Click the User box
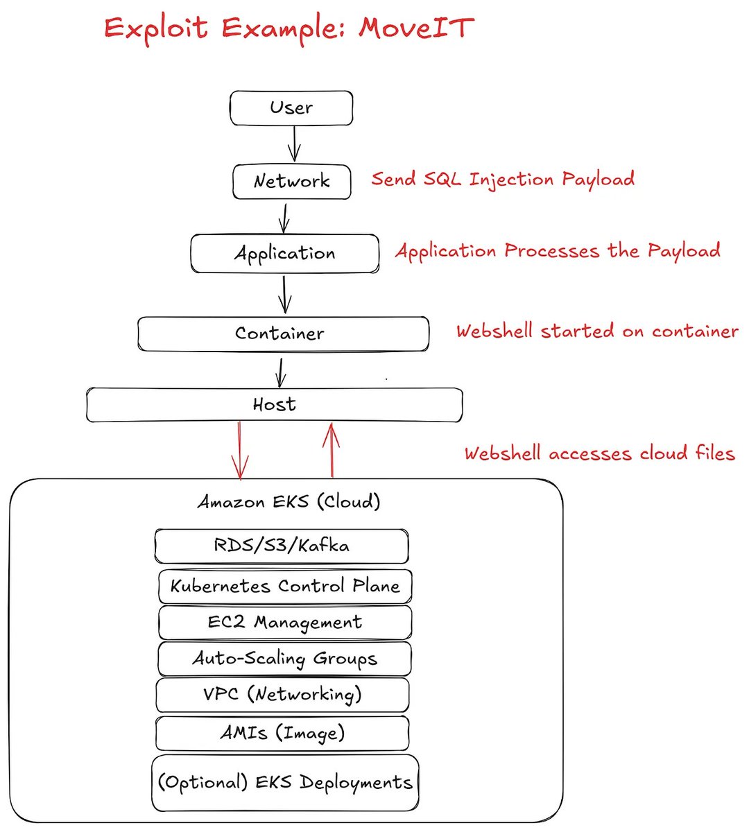tap(291, 108)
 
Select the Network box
tap(292, 182)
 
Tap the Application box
tap(284, 254)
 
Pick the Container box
tap(284, 334)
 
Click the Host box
tap(275, 405)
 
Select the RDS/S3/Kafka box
tap(282, 546)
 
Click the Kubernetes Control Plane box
tap(285, 586)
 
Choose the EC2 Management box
tap(285, 623)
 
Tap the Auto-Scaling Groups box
tap(284, 659)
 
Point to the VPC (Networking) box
tap(282, 695)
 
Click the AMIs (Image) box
tap(282, 734)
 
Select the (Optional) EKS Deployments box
tap(285, 783)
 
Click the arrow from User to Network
tap(294, 144)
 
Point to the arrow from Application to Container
tap(284, 295)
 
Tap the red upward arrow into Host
tap(332, 450)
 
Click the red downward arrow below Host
tap(239, 451)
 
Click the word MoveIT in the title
tap(416, 28)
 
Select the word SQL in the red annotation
tap(442, 179)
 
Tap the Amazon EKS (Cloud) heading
tap(289, 501)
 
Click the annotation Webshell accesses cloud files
tap(600, 453)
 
